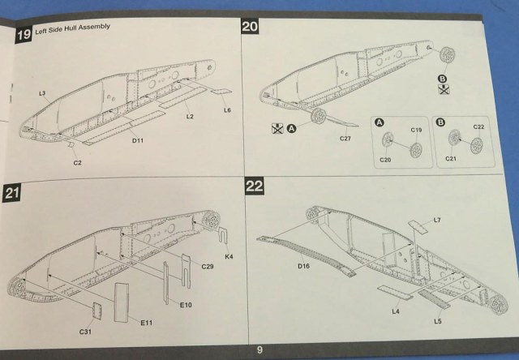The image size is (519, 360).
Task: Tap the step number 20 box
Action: tap(251, 27)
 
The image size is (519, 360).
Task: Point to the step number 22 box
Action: tap(253, 187)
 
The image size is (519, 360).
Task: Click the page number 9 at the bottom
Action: tap(259, 349)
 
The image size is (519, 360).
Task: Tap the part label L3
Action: tap(41, 94)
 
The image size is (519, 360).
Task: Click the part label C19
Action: tap(416, 129)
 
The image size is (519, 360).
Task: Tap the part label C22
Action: tap(478, 128)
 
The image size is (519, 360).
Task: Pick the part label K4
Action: tap(229, 256)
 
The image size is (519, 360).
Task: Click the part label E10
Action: tap(186, 303)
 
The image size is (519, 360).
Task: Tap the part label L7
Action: tap(437, 220)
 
